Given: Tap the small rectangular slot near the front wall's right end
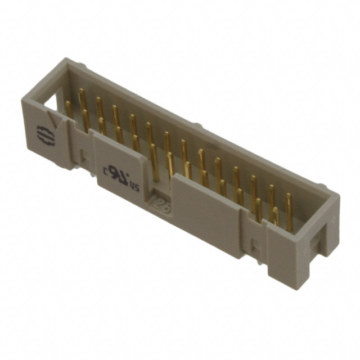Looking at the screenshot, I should pyautogui.click(x=253, y=245).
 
